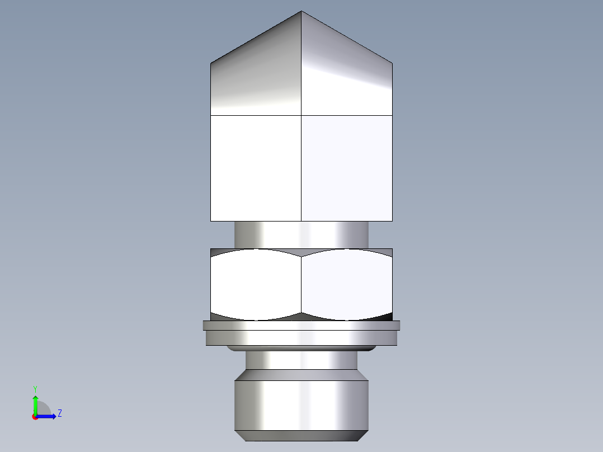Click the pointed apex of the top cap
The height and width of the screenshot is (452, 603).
301,12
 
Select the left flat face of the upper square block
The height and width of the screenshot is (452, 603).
256,168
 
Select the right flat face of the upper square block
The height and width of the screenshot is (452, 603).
347,168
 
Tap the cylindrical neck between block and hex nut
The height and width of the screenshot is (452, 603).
301,234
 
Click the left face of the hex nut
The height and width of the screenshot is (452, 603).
256,284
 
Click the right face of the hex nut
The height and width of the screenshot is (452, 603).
347,284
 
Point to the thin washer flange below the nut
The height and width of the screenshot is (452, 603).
301,325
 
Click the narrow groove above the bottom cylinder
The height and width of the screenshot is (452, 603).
301,360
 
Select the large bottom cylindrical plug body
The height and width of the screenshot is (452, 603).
301,406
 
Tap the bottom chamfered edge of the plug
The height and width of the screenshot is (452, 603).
301,436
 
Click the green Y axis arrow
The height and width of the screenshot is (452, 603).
35,403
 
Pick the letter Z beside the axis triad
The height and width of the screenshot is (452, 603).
59,413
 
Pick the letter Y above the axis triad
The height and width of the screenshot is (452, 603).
35,388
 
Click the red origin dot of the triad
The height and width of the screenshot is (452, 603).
35,417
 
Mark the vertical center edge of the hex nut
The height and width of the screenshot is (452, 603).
301,284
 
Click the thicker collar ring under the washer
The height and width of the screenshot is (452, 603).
301,337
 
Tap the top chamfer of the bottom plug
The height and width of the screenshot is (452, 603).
301,375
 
